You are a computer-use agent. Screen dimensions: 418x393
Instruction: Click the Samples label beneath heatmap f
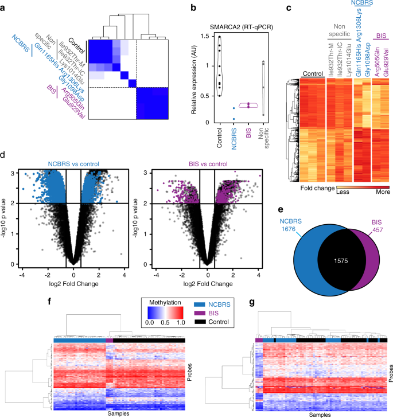coord(119,413)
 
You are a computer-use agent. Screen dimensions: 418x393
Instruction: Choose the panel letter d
coord(5,155)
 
